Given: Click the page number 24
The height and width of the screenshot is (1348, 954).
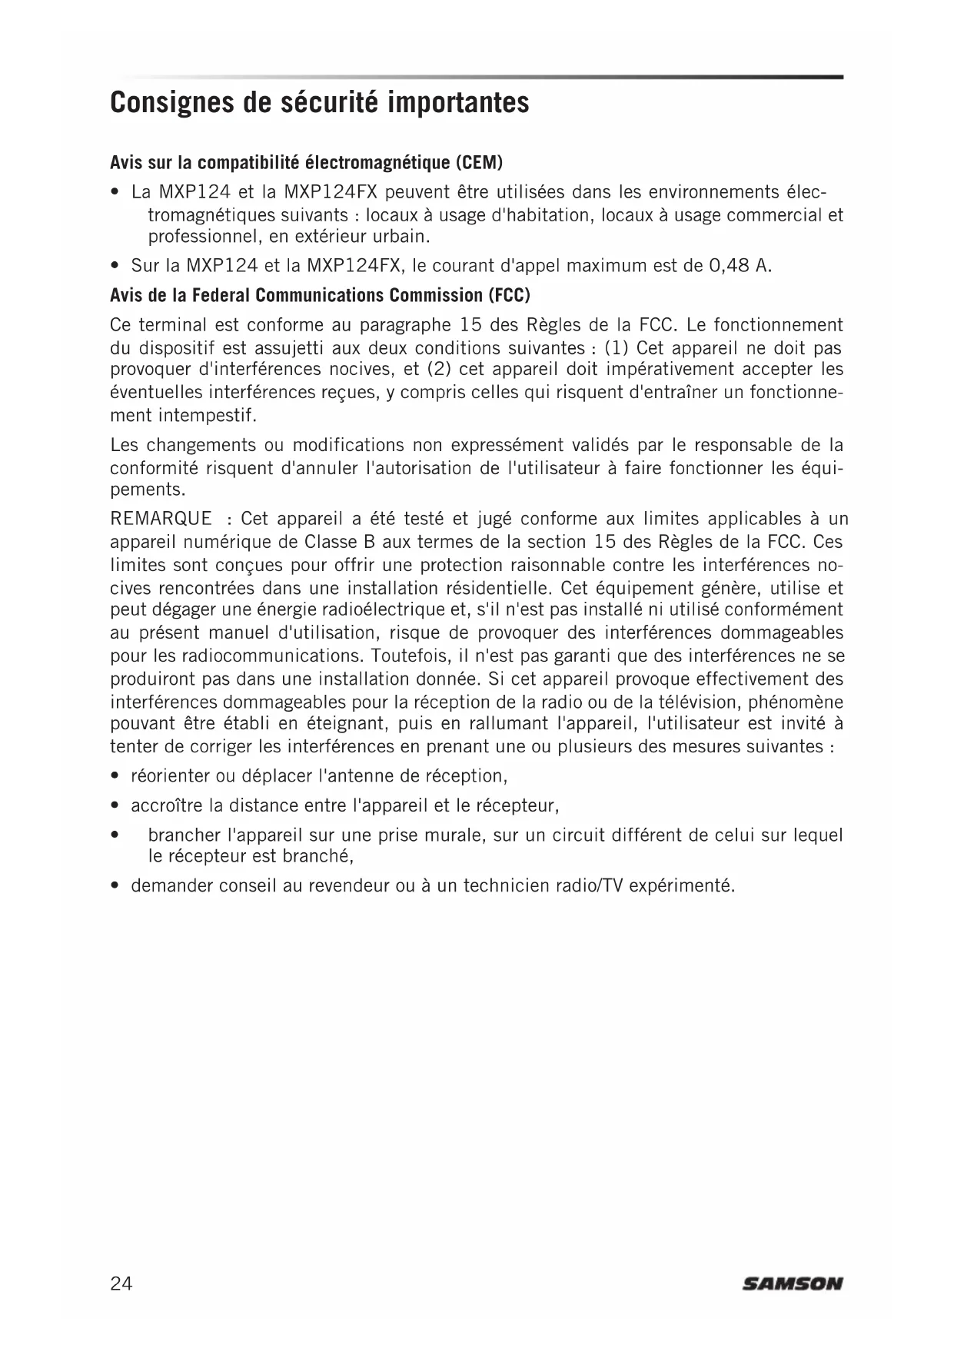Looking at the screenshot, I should [x=121, y=1283].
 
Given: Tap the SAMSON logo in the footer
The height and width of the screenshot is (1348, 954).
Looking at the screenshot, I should [x=793, y=1283].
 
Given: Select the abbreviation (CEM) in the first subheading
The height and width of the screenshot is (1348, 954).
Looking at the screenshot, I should [x=478, y=163].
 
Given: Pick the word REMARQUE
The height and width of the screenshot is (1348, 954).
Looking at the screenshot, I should [x=161, y=519].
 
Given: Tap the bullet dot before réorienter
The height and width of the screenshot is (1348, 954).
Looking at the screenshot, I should [x=115, y=776].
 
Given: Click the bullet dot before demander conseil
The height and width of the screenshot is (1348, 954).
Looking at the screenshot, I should [x=115, y=886].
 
